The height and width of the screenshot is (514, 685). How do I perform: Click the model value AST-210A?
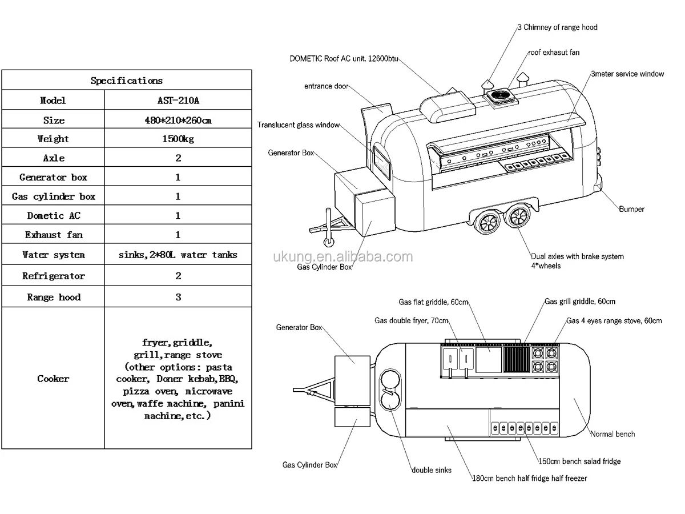click(178, 101)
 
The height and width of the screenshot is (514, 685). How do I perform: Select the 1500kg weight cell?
click(178, 139)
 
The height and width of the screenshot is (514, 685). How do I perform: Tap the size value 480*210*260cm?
click(178, 120)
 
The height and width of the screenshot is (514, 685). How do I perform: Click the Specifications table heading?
click(126, 81)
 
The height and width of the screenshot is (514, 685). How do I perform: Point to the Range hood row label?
click(54, 297)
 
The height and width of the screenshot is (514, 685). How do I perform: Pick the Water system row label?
click(53, 255)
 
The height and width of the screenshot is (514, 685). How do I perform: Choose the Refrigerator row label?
click(53, 276)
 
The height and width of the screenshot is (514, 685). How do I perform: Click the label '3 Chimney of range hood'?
click(557, 27)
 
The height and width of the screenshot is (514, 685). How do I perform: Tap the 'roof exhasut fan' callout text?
click(554, 53)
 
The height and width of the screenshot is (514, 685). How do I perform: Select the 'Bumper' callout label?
click(631, 209)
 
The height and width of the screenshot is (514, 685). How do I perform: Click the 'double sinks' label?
click(432, 470)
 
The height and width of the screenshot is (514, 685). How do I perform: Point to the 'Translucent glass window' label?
click(298, 125)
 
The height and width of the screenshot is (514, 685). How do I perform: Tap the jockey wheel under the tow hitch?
click(329, 242)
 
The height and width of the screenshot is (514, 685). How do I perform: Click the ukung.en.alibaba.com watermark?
click(342, 256)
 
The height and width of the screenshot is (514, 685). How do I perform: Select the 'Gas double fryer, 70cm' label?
click(412, 320)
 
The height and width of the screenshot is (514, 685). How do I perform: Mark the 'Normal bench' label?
click(613, 434)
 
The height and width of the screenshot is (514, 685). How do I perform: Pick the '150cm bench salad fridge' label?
click(579, 461)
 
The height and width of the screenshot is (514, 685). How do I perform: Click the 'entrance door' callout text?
click(326, 86)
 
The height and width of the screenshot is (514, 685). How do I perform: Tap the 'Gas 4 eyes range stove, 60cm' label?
click(614, 321)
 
